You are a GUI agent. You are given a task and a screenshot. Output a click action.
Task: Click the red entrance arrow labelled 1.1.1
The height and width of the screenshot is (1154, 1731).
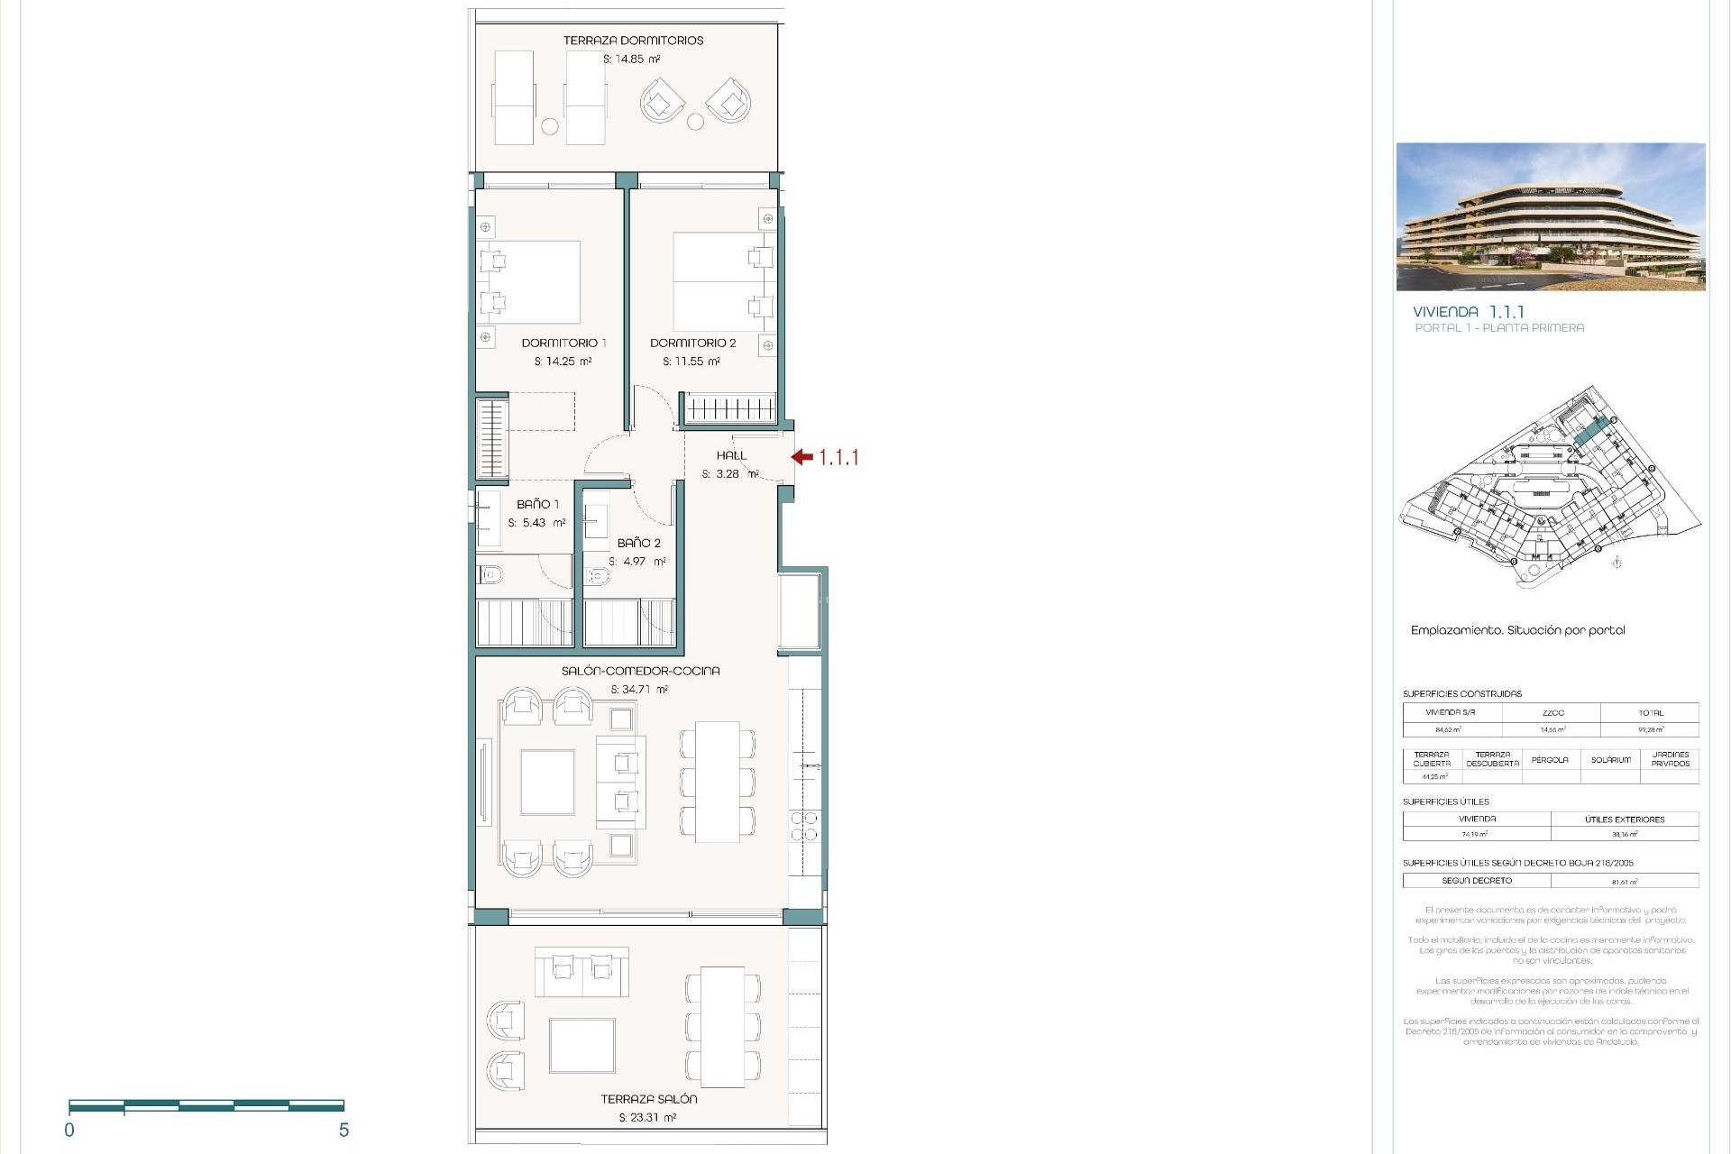tap(802, 457)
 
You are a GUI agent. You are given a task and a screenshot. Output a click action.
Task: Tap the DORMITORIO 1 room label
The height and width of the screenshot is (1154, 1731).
tap(563, 343)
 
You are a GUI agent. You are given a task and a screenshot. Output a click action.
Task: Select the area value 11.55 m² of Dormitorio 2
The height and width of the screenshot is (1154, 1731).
tap(691, 362)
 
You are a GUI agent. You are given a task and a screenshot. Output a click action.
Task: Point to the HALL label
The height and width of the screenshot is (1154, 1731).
tap(731, 455)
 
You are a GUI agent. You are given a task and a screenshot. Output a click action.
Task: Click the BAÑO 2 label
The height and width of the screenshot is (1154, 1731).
tap(638, 543)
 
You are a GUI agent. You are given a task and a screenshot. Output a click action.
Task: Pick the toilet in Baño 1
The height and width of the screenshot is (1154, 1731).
tap(491, 573)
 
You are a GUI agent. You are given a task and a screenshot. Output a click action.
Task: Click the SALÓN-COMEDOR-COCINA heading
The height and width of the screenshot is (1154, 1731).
tap(640, 671)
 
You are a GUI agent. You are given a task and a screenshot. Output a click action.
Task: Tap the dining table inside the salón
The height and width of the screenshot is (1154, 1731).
tap(718, 781)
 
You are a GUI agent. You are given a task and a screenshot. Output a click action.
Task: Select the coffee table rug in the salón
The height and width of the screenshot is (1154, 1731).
tap(547, 782)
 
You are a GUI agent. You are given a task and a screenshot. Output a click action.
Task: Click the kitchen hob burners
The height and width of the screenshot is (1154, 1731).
tap(805, 826)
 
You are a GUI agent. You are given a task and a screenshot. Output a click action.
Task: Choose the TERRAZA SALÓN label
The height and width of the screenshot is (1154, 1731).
tap(648, 1099)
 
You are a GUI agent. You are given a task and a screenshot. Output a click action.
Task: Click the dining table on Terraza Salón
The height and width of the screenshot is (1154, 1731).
tap(723, 1027)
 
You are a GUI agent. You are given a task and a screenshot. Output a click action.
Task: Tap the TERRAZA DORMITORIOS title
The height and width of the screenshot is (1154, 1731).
tap(633, 41)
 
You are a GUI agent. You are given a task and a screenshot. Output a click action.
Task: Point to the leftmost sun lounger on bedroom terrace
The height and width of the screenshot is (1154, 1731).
tap(514, 97)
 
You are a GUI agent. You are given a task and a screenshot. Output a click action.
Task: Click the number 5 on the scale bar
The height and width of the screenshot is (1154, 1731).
tap(343, 1131)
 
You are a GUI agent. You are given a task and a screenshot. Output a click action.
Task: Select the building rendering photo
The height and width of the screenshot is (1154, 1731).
tap(1551, 216)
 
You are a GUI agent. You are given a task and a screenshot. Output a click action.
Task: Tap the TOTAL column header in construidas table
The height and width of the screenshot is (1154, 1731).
tap(1651, 713)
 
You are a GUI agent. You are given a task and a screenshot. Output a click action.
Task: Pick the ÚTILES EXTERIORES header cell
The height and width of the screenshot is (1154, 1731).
tap(1625, 820)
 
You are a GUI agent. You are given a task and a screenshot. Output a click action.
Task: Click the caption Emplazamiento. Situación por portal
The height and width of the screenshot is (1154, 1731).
tap(1517, 630)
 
